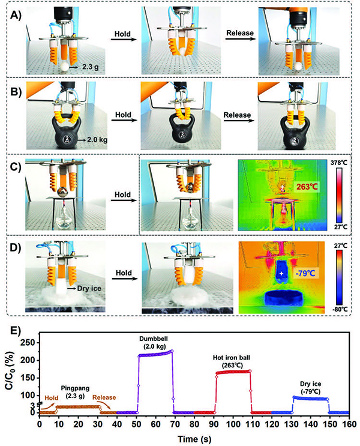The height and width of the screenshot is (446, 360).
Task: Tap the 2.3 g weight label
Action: pyautogui.click(x=91, y=67)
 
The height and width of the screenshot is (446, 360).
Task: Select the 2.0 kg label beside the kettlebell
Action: pyautogui.click(x=97, y=140)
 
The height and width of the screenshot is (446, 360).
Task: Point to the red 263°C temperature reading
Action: pyautogui.click(x=307, y=187)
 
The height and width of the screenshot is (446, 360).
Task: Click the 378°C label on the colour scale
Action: pyautogui.click(x=338, y=163)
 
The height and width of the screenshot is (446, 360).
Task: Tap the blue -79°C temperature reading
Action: pyautogui.click(x=305, y=274)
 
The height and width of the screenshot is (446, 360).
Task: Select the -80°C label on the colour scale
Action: pyautogui.click(x=340, y=309)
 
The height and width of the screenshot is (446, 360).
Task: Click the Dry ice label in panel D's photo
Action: pyautogui.click(x=89, y=288)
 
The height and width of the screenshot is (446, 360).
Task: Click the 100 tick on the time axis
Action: pyautogui.click(x=233, y=424)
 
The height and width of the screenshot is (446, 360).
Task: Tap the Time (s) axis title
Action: pyautogui.click(x=194, y=439)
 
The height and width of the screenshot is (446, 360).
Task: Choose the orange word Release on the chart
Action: pyautogui.click(x=104, y=397)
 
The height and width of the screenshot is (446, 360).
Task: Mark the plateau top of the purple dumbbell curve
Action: pyautogui.click(x=155, y=354)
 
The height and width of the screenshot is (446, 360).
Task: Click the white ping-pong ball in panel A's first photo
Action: pyautogui.click(x=65, y=67)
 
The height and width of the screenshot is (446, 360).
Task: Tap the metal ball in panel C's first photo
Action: pyautogui.click(x=62, y=192)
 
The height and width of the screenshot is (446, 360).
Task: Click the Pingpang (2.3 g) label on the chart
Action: pyautogui.click(x=76, y=391)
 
